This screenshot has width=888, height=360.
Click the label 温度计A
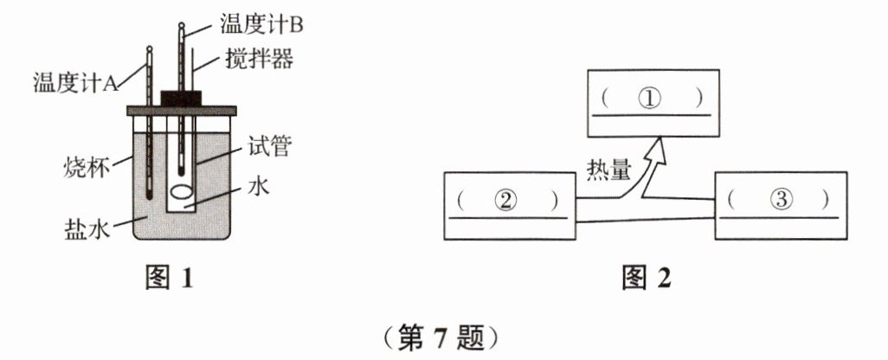click(73, 83)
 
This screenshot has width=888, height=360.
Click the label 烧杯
click(87, 167)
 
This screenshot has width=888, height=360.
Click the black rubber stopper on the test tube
click(182, 96)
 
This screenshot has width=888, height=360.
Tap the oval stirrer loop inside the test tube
click(183, 193)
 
